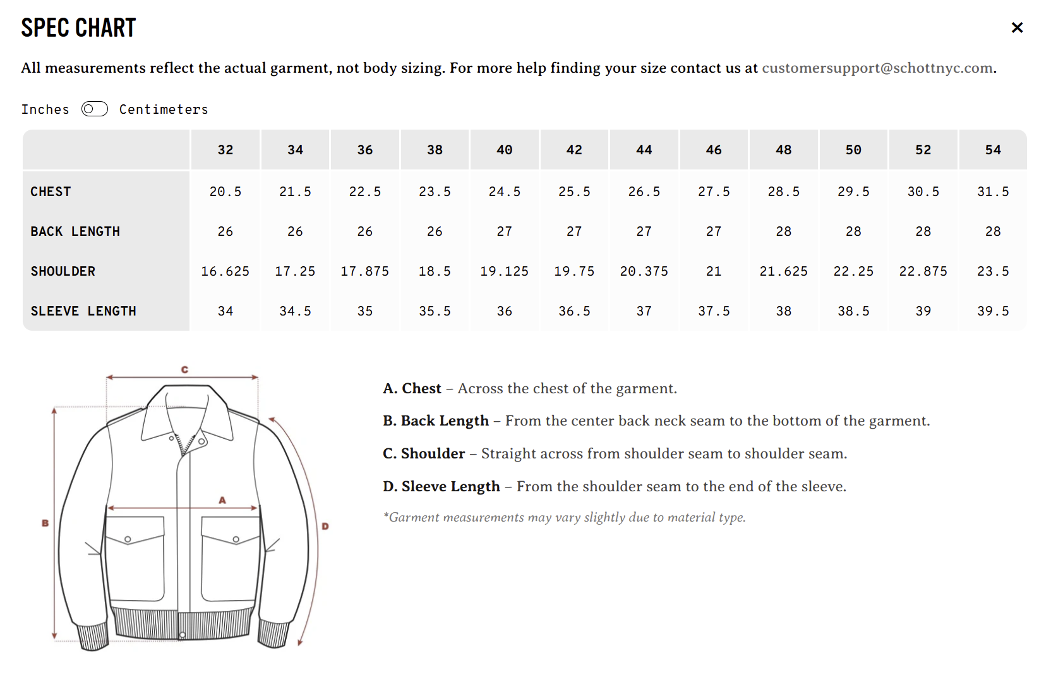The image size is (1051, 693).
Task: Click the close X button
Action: (1017, 28)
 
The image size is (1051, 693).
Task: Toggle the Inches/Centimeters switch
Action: (94, 109)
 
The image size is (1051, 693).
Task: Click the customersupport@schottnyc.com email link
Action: (877, 68)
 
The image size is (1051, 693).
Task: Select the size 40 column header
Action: (505, 150)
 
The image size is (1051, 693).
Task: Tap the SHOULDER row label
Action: (63, 271)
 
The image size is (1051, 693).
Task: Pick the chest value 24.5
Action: (505, 192)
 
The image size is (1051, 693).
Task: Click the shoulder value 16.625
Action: (225, 271)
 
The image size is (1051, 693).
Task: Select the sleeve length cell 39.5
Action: (993, 311)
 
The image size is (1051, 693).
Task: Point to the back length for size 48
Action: (784, 231)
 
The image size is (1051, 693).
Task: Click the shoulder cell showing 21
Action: (714, 271)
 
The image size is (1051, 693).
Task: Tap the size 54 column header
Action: (993, 150)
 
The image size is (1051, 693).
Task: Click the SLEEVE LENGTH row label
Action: (83, 311)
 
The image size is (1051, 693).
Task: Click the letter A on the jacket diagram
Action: (222, 500)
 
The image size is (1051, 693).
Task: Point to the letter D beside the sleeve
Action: (325, 526)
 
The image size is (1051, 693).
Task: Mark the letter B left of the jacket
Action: (45, 523)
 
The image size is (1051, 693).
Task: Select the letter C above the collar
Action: (184, 370)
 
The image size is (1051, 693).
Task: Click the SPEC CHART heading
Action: (78, 28)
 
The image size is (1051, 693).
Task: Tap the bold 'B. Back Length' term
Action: (435, 420)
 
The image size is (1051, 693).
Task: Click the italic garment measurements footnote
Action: (565, 517)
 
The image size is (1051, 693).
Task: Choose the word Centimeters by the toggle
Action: (164, 109)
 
